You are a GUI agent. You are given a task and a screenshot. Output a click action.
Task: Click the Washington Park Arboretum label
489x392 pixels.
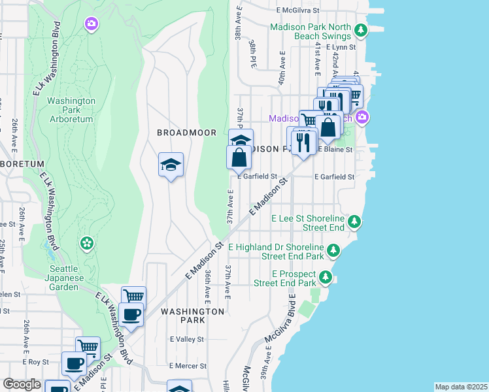71,110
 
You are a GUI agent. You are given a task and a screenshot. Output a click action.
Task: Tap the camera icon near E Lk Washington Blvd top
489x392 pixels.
91,24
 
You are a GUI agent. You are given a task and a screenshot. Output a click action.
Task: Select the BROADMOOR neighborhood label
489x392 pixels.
186,133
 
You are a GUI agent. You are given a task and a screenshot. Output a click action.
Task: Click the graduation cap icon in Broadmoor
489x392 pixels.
171,165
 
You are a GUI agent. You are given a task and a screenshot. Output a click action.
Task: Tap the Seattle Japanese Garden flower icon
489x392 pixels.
86,244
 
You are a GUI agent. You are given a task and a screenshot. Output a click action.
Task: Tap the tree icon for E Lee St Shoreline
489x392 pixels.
354,222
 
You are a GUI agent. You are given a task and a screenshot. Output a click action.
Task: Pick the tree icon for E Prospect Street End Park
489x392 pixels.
325,278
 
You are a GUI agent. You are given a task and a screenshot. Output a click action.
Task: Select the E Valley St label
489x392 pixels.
187,340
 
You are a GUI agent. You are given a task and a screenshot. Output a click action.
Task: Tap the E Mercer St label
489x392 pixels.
188,367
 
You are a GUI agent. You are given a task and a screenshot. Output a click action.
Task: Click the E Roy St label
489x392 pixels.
36,361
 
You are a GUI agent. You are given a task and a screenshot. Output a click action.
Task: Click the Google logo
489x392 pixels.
22,384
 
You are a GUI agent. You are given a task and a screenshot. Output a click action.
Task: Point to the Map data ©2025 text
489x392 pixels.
460,387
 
